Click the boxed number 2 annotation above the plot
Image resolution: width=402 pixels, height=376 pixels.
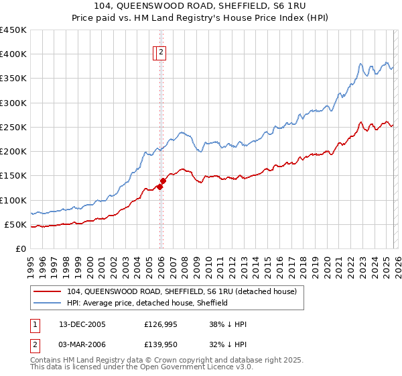pos(162,54)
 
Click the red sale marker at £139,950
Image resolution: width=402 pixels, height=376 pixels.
pos(163,181)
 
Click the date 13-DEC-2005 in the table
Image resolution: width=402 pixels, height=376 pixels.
pos(82,324)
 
